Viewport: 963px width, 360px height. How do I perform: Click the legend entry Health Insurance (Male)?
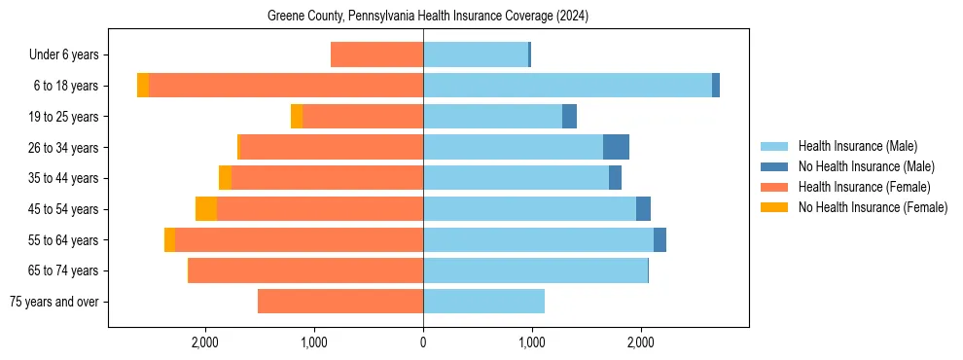click(857, 146)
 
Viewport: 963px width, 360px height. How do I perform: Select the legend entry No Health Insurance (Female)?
click(873, 207)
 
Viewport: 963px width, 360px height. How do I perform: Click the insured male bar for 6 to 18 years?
click(567, 86)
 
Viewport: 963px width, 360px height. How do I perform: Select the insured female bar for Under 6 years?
click(376, 54)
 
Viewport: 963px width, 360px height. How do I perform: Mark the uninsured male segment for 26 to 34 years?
click(616, 147)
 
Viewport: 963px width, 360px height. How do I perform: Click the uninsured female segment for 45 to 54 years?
click(206, 209)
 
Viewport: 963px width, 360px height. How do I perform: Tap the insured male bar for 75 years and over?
click(483, 302)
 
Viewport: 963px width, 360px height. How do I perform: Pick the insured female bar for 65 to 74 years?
click(305, 270)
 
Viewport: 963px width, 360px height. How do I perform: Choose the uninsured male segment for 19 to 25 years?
click(569, 117)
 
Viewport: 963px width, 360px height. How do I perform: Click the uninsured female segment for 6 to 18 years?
click(143, 86)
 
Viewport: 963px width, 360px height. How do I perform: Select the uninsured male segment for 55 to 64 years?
click(660, 240)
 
